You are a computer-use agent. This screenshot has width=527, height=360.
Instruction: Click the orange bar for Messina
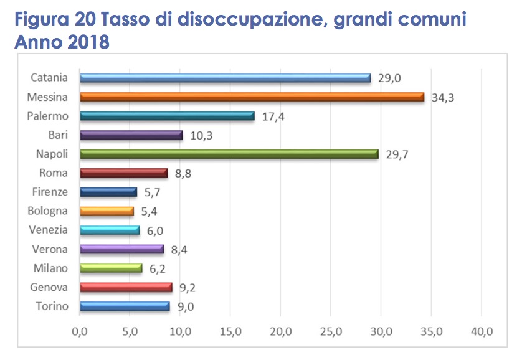point(252,97)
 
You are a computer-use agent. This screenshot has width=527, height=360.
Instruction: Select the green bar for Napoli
point(229,154)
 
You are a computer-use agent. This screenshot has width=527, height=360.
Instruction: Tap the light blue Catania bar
point(225,78)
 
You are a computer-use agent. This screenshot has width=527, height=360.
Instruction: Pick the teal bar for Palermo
point(167,116)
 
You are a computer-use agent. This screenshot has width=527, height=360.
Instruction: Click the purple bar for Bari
point(131,135)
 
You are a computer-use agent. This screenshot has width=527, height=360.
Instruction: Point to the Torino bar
point(125,306)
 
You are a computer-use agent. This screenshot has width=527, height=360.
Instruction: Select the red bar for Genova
point(126,287)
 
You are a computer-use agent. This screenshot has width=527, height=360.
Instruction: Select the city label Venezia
point(49,230)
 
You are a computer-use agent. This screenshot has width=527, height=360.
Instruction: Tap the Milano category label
point(50,268)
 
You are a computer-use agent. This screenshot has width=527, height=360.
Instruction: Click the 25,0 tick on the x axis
point(331,331)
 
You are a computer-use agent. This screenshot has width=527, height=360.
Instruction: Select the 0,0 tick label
point(80,331)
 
